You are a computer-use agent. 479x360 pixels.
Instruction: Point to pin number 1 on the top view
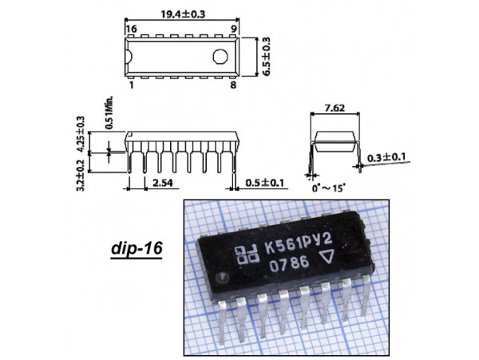[x=129, y=82]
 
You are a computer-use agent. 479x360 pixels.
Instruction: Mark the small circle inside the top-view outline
[x=221, y=55]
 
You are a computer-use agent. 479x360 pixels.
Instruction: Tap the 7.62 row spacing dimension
[x=335, y=108]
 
